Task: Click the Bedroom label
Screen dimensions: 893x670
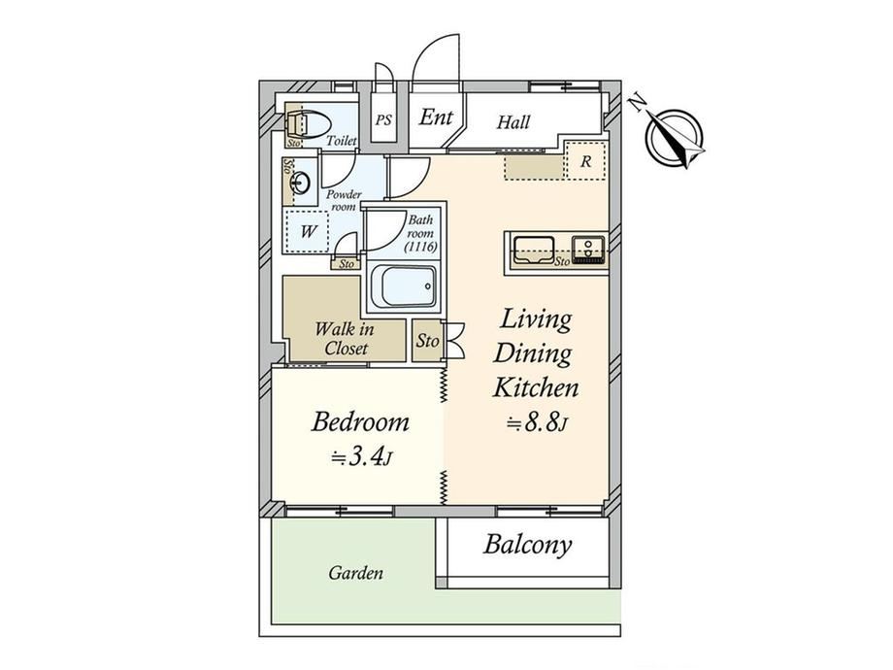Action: tap(360, 422)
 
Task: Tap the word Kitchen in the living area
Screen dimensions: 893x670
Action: tap(536, 388)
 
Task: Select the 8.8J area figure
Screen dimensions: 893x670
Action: tap(538, 423)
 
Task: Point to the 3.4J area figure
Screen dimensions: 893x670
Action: tap(362, 458)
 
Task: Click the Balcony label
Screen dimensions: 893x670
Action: tap(527, 545)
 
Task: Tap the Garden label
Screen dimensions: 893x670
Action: tap(355, 573)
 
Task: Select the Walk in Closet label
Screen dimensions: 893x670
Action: tap(345, 339)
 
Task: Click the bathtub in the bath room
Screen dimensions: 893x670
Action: tap(403, 286)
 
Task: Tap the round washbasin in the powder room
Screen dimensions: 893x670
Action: tap(300, 183)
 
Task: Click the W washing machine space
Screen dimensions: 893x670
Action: tap(308, 231)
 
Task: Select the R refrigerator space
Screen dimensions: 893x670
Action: tap(585, 161)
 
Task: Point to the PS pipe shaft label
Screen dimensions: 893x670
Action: tap(383, 120)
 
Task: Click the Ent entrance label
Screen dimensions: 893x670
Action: tap(436, 117)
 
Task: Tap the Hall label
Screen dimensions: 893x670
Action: tap(513, 122)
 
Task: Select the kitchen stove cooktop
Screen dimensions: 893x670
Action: tap(589, 250)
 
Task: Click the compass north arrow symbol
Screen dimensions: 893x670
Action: tap(676, 139)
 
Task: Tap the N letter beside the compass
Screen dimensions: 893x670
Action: tap(638, 103)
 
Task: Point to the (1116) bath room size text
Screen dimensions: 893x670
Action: tap(420, 247)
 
